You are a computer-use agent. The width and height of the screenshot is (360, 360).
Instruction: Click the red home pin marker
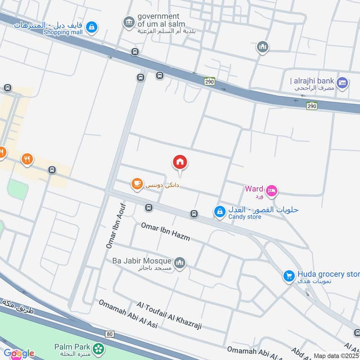click(x=180, y=162)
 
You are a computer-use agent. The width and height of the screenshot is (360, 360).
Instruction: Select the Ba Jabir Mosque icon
click(x=180, y=263)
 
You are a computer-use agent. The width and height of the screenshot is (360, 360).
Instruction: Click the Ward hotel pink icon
click(x=272, y=191)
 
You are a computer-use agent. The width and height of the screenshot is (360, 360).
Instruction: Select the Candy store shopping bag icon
click(x=220, y=211)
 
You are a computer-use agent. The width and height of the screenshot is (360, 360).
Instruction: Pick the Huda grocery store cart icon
click(x=289, y=276)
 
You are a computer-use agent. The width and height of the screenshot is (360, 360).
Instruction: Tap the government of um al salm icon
click(x=129, y=21)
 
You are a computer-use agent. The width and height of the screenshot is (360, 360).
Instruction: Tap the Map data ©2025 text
click(x=335, y=355)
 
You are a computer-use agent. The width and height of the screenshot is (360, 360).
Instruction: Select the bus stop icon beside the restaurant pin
click(x=52, y=170)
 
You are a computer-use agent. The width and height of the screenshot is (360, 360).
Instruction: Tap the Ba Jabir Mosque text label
click(x=142, y=261)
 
